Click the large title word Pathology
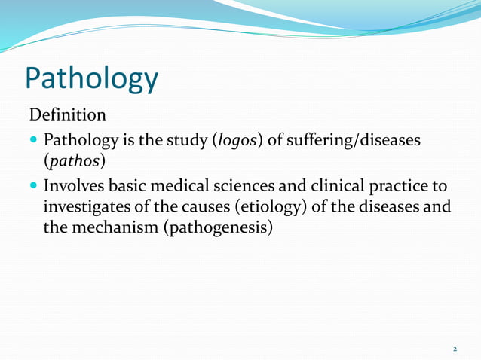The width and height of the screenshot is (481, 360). pyautogui.click(x=91, y=78)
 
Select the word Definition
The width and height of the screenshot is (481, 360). pyautogui.click(x=68, y=116)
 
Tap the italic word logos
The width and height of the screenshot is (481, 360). pyautogui.click(x=235, y=141)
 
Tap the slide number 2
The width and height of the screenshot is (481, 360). pyautogui.click(x=455, y=349)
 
